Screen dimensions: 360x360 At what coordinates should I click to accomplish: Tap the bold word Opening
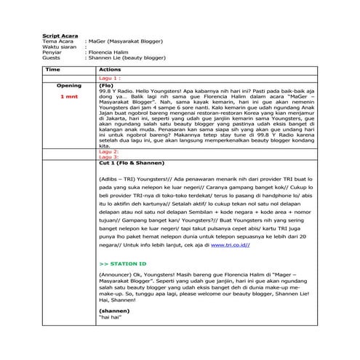pyautogui.click(x=69, y=84)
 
